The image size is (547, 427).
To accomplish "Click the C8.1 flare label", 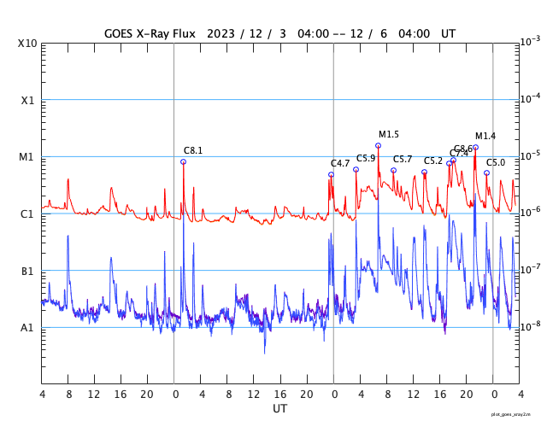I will pyautogui.click(x=193, y=151).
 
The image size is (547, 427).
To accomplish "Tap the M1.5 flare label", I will pyautogui.click(x=389, y=135).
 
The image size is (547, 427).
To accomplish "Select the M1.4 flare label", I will pyautogui.click(x=485, y=137).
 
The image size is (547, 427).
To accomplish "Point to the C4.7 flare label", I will pyautogui.click(x=340, y=164).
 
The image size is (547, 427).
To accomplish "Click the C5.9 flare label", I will pyautogui.click(x=366, y=159).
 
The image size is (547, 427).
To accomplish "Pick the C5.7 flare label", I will pyautogui.click(x=403, y=160).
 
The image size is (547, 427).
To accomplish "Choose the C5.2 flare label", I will pyautogui.click(x=433, y=161).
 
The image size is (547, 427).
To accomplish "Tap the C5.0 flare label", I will pyautogui.click(x=496, y=163).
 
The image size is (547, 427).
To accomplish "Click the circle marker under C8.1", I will pyautogui.click(x=183, y=161).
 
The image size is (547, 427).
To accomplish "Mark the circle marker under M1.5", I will pyautogui.click(x=378, y=145).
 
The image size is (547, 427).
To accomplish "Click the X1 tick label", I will pyautogui.click(x=29, y=100).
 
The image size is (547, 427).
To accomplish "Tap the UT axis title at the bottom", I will pyautogui.click(x=280, y=409).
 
